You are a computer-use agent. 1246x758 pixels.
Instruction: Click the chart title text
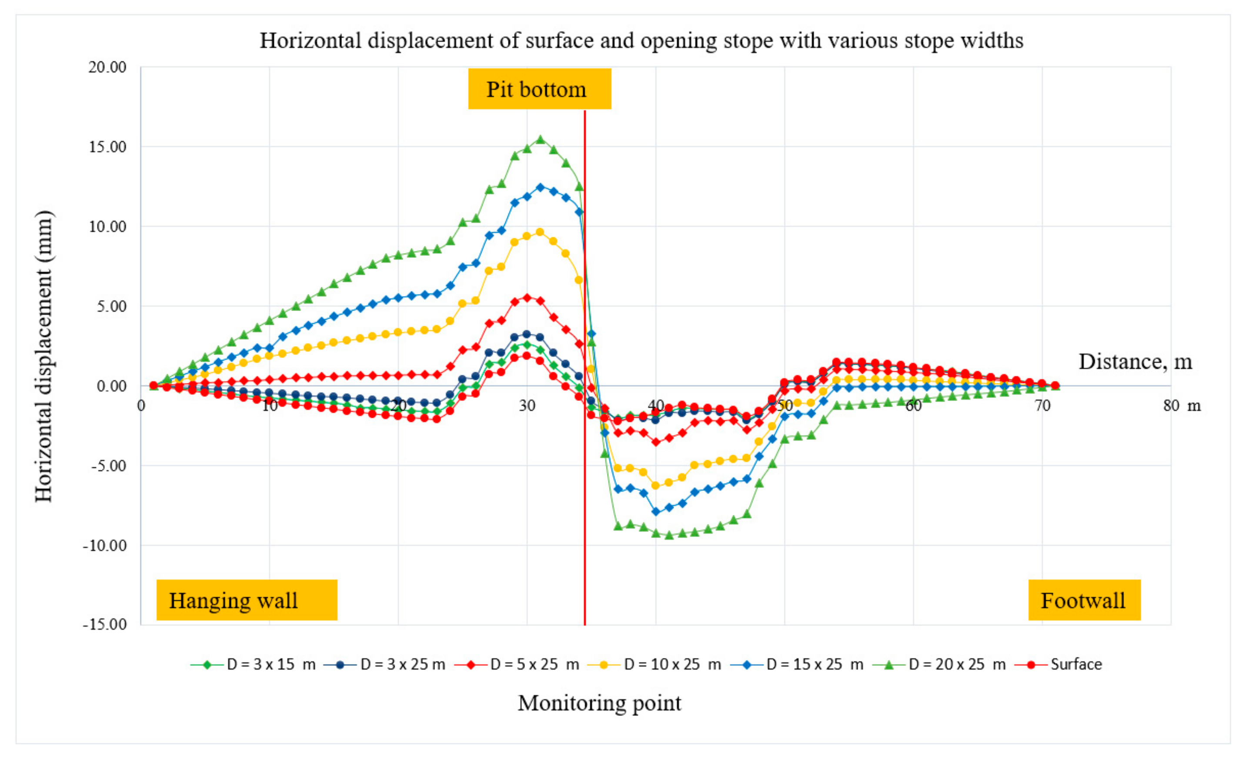pyautogui.click(x=641, y=40)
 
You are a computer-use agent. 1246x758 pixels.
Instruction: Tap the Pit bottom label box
pyautogui.click(x=539, y=90)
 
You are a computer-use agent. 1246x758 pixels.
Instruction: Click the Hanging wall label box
pyautogui.click(x=246, y=600)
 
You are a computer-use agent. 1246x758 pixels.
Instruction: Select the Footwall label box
pyautogui.click(x=1084, y=600)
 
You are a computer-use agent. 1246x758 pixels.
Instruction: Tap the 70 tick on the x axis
pyautogui.click(x=1042, y=406)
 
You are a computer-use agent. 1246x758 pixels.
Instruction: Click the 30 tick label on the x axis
pyautogui.click(x=527, y=406)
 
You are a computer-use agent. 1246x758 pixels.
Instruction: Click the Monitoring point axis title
pyautogui.click(x=599, y=703)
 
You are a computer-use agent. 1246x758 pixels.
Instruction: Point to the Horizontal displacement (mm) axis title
pyautogui.click(x=43, y=356)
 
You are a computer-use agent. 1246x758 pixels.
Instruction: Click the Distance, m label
pyautogui.click(x=1135, y=361)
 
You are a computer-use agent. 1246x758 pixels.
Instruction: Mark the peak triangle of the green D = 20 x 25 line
pyautogui.click(x=540, y=139)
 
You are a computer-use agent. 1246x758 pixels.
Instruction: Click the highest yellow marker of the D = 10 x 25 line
pyautogui.click(x=540, y=232)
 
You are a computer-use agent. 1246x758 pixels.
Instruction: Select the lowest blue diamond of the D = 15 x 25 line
pyautogui.click(x=656, y=512)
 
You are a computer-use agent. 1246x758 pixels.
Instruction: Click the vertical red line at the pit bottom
pyautogui.click(x=585, y=506)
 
